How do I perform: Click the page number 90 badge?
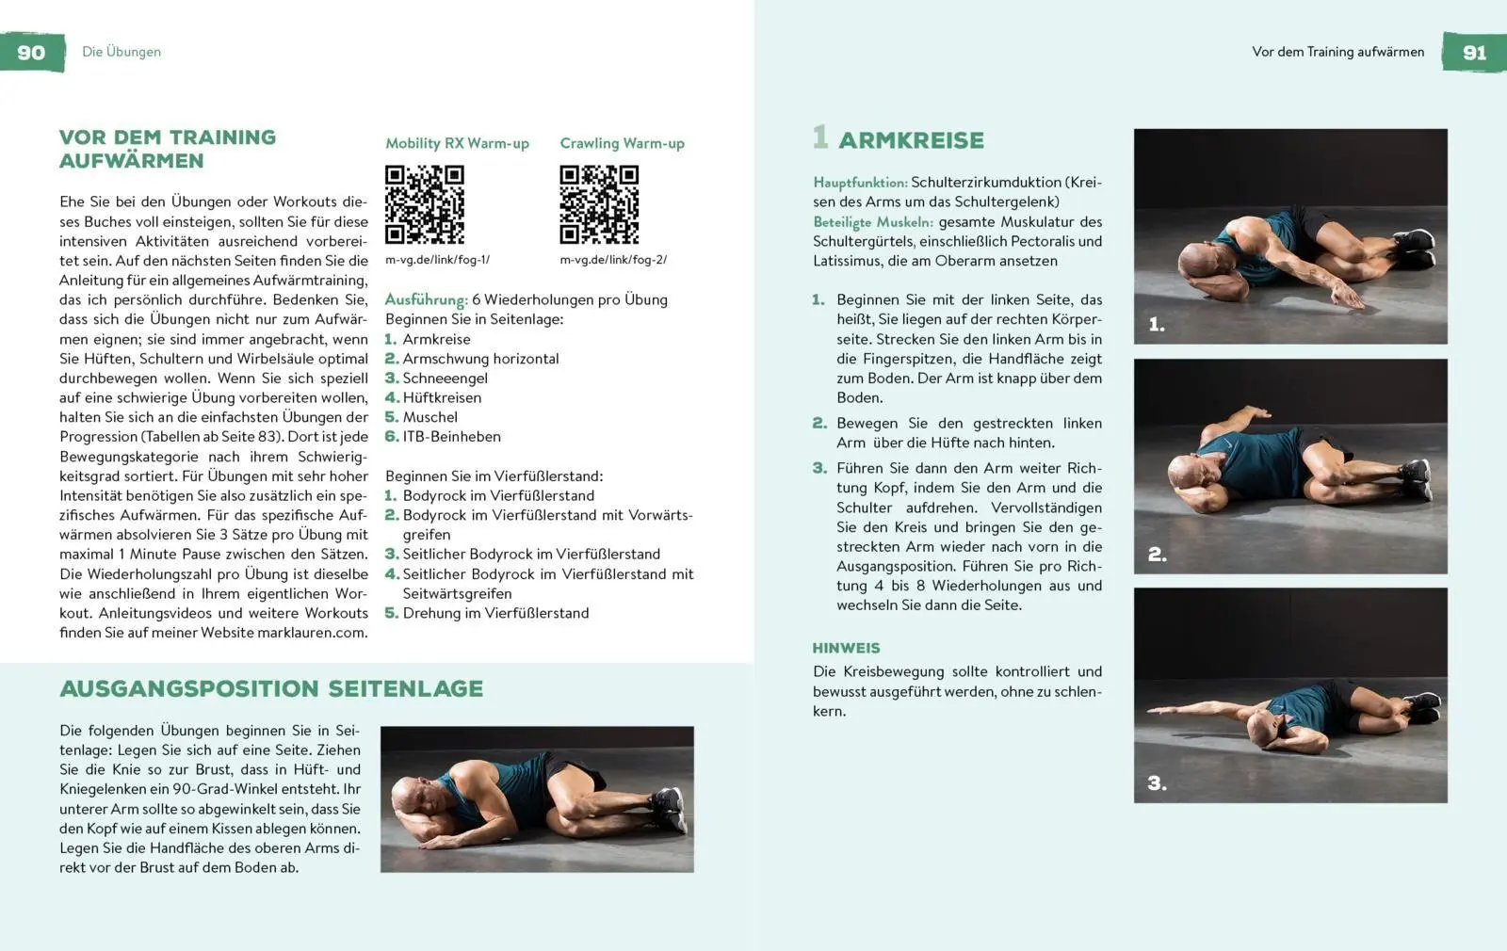coord(32,53)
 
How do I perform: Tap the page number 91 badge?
coord(1474,53)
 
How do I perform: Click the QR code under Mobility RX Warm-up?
coord(425,204)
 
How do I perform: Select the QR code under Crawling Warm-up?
coord(599,204)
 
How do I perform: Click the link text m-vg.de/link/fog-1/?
coord(437,260)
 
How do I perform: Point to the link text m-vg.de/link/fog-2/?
coord(612,260)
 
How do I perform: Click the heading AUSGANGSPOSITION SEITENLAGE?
coord(271,689)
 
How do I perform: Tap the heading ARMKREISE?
coord(911,141)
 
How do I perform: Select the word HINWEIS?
coord(846,649)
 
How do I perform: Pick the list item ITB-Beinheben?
coord(451,437)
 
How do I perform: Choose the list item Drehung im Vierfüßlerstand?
coord(495,613)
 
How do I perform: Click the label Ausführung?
coord(426,300)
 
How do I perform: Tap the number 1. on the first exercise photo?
coord(1157,325)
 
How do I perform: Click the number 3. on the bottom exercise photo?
coord(1157,783)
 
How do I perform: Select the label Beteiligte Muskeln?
coord(872,222)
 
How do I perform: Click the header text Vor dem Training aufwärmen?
coord(1337,52)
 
